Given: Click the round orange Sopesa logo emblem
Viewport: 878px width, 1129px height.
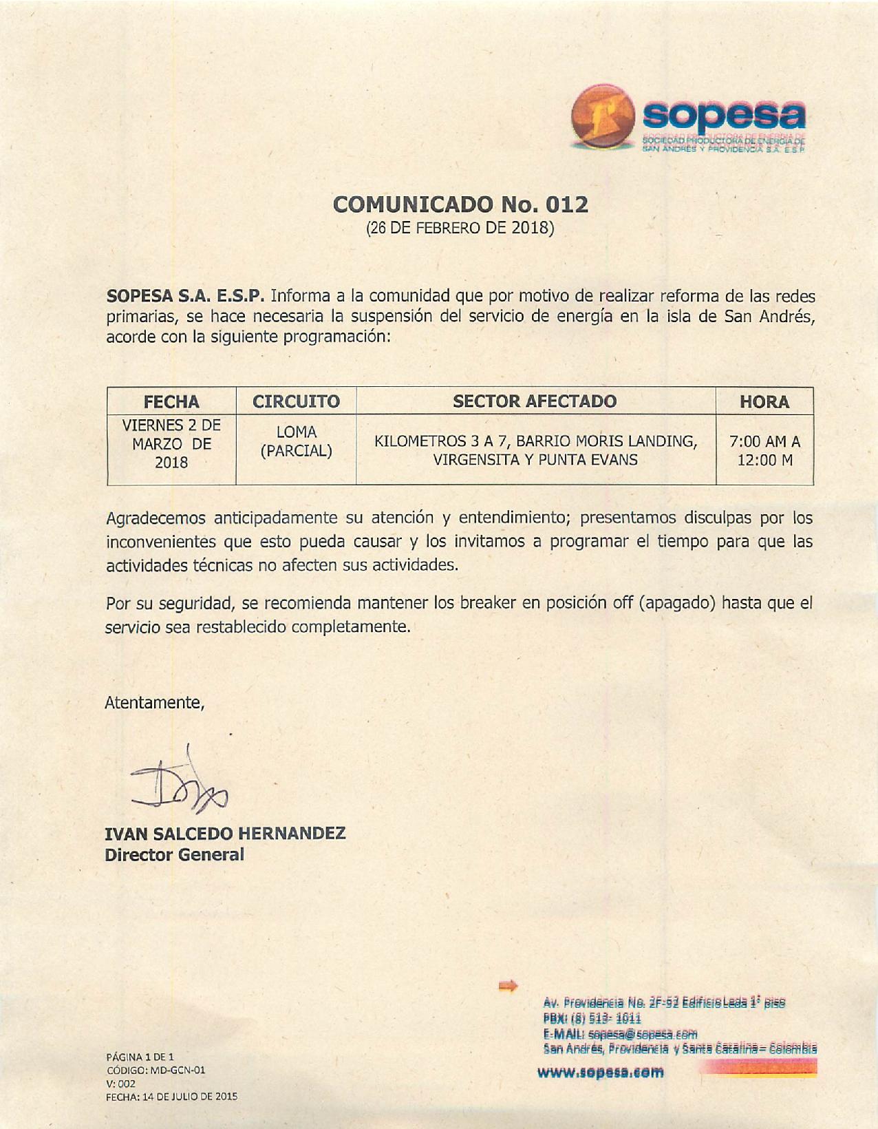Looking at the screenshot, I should [x=603, y=118].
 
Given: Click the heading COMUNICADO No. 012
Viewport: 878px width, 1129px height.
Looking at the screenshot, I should [x=460, y=204].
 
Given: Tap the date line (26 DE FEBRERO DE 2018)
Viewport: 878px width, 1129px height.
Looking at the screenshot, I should [x=460, y=227].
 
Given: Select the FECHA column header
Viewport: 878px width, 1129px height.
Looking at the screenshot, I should [x=171, y=401].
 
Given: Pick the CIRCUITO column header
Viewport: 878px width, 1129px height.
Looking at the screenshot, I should [x=296, y=401].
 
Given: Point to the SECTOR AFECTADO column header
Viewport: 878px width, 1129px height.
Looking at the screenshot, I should [x=535, y=401].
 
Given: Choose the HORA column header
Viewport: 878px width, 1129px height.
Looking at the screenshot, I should [x=764, y=401].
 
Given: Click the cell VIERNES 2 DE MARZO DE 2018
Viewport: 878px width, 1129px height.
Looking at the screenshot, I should [x=171, y=443].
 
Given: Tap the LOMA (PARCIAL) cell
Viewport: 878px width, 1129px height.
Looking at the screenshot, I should [x=296, y=442].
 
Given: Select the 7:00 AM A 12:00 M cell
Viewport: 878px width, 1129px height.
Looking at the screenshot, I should [x=764, y=450].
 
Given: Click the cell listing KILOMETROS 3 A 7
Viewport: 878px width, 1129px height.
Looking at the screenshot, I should [x=535, y=450].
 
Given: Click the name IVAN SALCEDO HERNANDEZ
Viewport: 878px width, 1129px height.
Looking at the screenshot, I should [x=225, y=834].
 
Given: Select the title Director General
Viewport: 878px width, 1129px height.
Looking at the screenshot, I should [x=174, y=855].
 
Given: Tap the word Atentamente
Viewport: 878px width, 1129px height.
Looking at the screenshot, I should [x=155, y=703].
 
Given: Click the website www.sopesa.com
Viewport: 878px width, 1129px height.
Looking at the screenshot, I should [x=601, y=1072].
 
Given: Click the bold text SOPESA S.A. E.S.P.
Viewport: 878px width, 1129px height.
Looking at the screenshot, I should [x=185, y=297].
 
